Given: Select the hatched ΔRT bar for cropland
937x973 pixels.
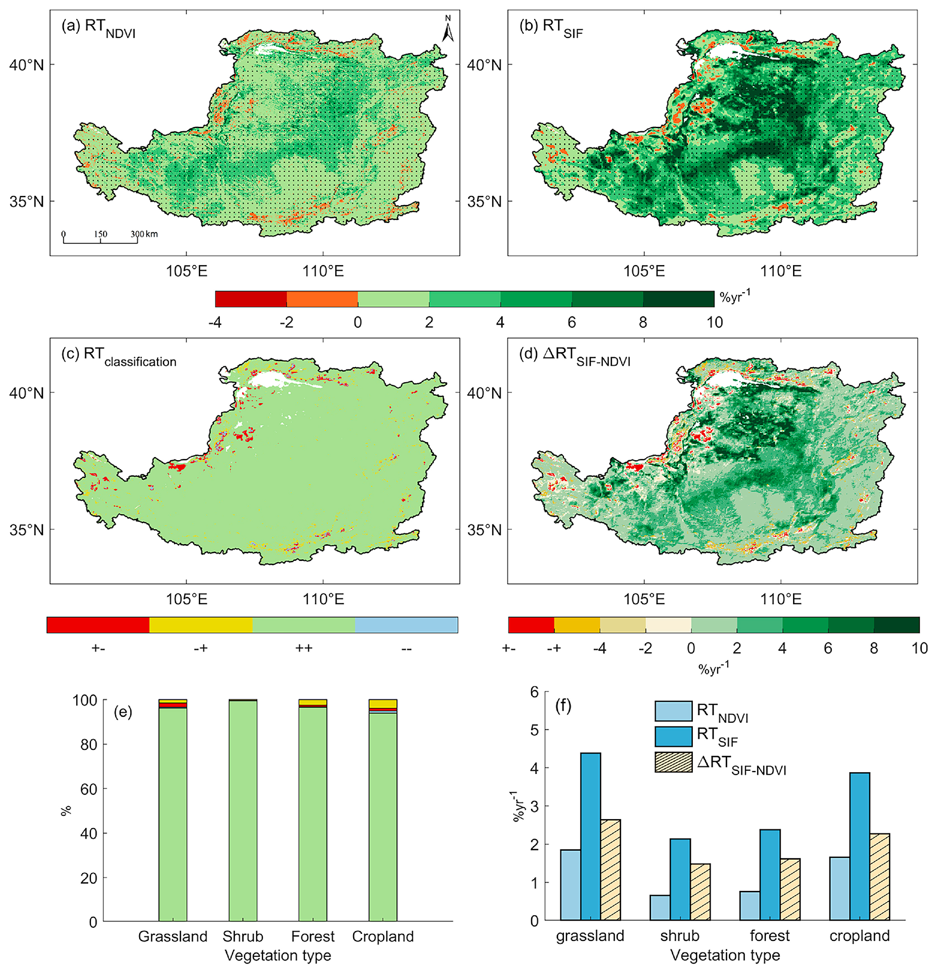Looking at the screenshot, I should pyautogui.click(x=879, y=877).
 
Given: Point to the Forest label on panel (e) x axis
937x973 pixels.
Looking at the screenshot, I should pyautogui.click(x=313, y=936).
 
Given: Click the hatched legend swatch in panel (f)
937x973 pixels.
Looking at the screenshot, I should pyautogui.click(x=673, y=762).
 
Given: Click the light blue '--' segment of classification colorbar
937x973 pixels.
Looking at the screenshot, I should pyautogui.click(x=406, y=625).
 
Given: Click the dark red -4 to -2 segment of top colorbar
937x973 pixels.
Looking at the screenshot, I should pyautogui.click(x=251, y=299).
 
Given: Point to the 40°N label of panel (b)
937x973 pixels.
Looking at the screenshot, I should pyautogui.click(x=484, y=65).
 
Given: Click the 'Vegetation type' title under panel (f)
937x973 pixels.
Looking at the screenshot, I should pyautogui.click(x=725, y=955).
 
